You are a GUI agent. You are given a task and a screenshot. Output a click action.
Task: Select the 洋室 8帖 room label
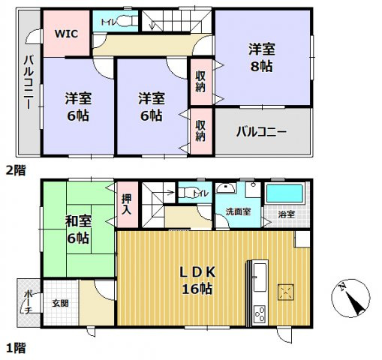pyautogui.click(x=262, y=58)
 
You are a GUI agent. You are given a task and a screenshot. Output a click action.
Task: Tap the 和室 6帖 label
pyautogui.click(x=77, y=229)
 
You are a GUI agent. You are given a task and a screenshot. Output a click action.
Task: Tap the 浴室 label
pyautogui.click(x=287, y=214)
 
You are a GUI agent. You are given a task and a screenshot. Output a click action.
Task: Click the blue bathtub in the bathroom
pyautogui.click(x=286, y=193)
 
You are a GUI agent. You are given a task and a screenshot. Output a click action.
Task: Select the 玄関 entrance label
pyautogui.click(x=59, y=304)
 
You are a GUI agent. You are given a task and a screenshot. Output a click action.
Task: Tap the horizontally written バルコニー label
pyautogui.click(x=261, y=132)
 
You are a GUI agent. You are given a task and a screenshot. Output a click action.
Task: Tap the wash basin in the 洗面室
pyautogui.click(x=224, y=189)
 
